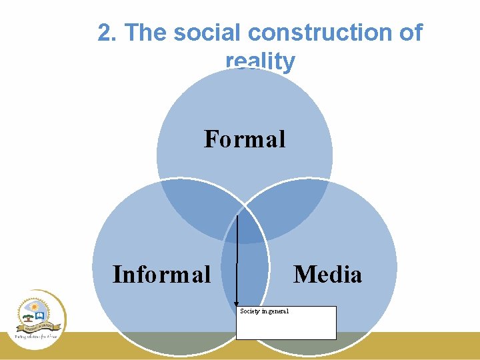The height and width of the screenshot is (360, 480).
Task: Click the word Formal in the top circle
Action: pos(245,139)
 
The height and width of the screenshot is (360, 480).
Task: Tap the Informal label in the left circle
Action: pos(161,274)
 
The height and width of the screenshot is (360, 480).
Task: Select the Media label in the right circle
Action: pos(327,274)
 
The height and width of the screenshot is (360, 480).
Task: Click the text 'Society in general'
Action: pos(265,311)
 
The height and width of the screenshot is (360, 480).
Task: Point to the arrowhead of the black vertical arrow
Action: pos(237,305)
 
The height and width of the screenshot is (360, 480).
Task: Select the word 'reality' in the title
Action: pos(260,61)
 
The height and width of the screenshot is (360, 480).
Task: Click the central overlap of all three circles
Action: pos(245,227)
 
